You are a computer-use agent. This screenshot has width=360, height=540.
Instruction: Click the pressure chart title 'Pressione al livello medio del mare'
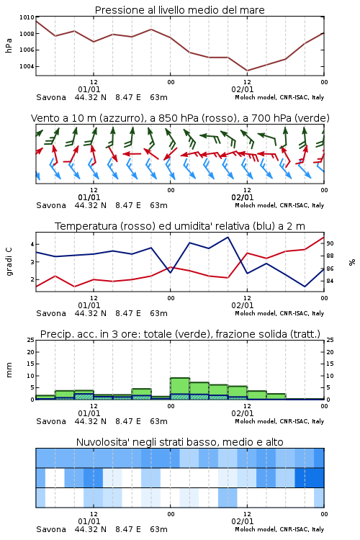tap(179, 10)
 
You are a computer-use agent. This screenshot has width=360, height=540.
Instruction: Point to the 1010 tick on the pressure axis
tap(27, 17)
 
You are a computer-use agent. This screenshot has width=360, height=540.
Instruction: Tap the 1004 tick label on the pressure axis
tap(27, 66)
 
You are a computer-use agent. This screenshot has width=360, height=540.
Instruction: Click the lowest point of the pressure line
tap(247, 71)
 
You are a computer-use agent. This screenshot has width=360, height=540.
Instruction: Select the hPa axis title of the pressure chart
tap(9, 45)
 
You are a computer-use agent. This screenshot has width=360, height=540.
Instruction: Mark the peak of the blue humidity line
tap(228, 237)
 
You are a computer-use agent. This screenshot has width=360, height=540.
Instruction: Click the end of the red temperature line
tap(324, 237)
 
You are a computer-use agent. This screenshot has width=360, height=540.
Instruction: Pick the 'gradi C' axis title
tap(9, 261)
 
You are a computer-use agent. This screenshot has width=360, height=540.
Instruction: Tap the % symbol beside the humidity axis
tap(352, 262)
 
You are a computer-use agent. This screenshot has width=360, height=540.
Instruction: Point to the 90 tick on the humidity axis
tap(330, 243)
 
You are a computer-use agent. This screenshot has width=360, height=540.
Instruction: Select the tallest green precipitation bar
tap(180, 389)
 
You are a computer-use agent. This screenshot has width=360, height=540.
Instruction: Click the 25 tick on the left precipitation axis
tap(31, 340)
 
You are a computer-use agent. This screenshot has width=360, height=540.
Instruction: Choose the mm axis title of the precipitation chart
tap(9, 370)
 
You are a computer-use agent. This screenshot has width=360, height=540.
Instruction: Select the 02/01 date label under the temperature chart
tap(243, 305)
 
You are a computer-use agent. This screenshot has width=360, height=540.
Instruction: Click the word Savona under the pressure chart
tap(51, 97)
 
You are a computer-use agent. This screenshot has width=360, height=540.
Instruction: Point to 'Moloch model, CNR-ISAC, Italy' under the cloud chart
tap(279, 529)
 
